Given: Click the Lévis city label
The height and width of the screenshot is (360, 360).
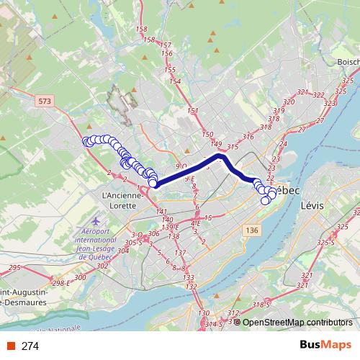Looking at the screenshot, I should [x=312, y=205].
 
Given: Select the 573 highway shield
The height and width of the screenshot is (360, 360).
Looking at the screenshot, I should [x=45, y=104].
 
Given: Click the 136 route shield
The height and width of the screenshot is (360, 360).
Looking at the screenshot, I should [x=251, y=230].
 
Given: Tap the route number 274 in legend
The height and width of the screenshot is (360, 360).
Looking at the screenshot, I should [x=31, y=346].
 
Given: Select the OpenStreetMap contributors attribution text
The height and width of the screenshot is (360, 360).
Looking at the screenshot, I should [x=297, y=322].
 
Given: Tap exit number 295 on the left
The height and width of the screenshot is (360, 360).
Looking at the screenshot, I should [x=14, y=267].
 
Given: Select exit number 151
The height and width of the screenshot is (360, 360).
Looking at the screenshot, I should [x=192, y=110].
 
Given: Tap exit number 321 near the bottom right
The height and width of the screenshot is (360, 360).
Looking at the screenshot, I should [x=305, y=276].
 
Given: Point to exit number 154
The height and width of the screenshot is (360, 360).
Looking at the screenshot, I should [x=174, y=81].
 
